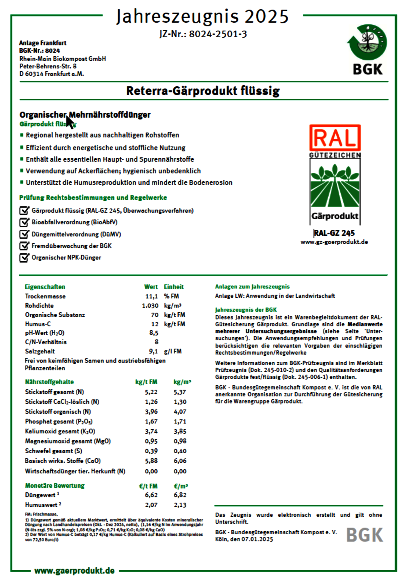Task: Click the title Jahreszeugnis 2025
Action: (202, 16)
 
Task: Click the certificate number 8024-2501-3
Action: (218, 34)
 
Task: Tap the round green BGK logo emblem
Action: (367, 42)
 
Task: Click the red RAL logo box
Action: (335, 138)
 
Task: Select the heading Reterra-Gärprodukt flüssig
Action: (203, 91)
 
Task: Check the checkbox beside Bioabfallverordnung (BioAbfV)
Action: (24, 222)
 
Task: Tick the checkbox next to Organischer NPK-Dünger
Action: (24, 257)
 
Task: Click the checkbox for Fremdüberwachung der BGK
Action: (24, 246)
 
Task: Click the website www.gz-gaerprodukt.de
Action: (334, 242)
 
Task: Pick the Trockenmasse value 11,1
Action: (152, 296)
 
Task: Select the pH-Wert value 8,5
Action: (154, 333)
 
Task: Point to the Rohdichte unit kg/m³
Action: (173, 306)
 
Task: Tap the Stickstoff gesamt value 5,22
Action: (151, 392)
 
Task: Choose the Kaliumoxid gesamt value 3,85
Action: (180, 432)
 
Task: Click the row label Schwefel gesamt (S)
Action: (54, 451)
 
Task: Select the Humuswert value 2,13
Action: (180, 505)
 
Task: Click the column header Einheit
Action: (174, 287)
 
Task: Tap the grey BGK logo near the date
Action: (365, 535)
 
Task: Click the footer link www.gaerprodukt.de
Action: (75, 571)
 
